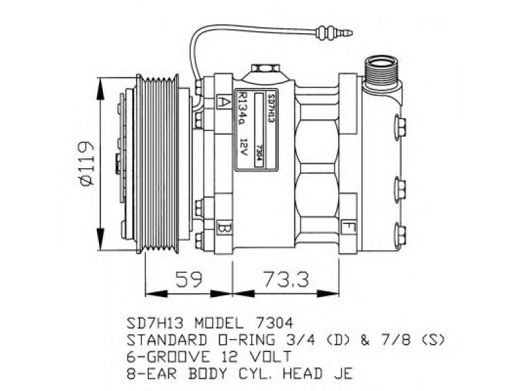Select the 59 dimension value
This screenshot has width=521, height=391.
tap(188, 280)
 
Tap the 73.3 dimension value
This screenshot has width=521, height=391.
tap(286, 280)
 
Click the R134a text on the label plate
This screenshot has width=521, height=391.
tap(243, 109)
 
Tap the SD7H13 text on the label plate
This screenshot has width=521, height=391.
tap(272, 108)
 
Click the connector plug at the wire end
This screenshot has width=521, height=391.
tap(334, 33)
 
